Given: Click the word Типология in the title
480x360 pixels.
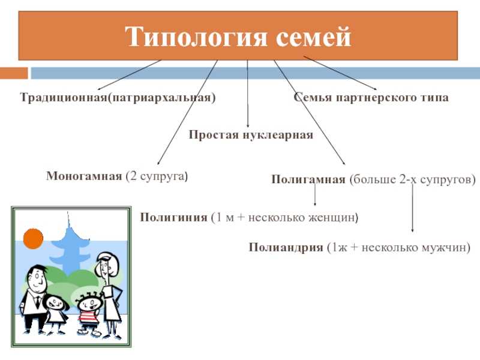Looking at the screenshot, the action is (x=196, y=37).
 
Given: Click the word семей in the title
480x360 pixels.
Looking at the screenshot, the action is (x=313, y=37).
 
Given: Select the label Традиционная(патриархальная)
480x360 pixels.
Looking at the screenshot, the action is (x=118, y=97).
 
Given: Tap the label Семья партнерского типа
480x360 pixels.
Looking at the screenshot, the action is (x=371, y=97).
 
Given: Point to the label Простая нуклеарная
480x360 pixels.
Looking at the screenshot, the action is (x=251, y=134).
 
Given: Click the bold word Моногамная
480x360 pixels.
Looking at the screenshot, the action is (x=84, y=176).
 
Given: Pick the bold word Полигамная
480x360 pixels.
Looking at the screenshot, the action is (x=308, y=179).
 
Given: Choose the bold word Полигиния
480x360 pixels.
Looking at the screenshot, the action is (x=173, y=217).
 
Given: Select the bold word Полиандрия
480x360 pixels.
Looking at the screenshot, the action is (x=286, y=247).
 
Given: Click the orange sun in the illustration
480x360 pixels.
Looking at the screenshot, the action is (x=33, y=238).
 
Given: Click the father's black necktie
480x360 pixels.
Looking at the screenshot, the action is (x=37, y=302).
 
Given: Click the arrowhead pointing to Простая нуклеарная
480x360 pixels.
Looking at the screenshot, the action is (x=248, y=125).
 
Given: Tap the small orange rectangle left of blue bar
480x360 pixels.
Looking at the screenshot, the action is (x=14, y=73).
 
